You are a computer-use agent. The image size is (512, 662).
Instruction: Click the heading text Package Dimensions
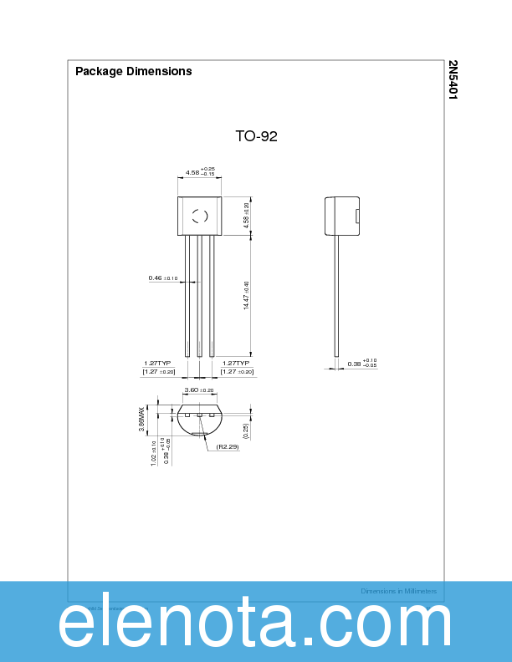point(133,71)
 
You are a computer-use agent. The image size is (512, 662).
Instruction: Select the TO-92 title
point(255,136)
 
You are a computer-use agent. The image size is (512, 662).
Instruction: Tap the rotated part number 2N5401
point(453,80)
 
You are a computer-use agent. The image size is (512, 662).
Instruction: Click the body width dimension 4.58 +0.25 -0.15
point(200,172)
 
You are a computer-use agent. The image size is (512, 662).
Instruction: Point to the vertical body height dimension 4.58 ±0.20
point(246,216)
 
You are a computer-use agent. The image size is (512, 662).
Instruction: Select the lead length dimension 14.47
point(246,296)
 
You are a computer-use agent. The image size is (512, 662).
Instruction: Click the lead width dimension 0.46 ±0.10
point(163,278)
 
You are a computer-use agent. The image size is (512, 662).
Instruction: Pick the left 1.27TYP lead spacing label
point(157,364)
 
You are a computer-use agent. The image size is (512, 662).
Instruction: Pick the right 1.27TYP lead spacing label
point(237,364)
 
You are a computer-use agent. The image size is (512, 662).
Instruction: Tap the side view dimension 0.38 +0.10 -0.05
point(361,363)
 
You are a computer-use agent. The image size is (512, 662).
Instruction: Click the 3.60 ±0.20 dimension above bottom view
point(199,390)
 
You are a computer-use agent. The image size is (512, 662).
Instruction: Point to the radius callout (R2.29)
point(228,447)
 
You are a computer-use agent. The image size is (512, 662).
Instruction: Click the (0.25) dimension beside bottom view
point(245,430)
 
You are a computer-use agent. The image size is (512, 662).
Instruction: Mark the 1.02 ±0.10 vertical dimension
point(154,454)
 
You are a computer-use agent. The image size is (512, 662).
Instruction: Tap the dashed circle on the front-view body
point(200,216)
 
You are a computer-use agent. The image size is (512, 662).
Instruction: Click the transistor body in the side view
point(341,216)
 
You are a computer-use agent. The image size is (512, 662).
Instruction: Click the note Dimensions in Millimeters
point(398,591)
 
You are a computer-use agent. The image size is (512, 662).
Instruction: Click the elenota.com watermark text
point(255,624)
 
